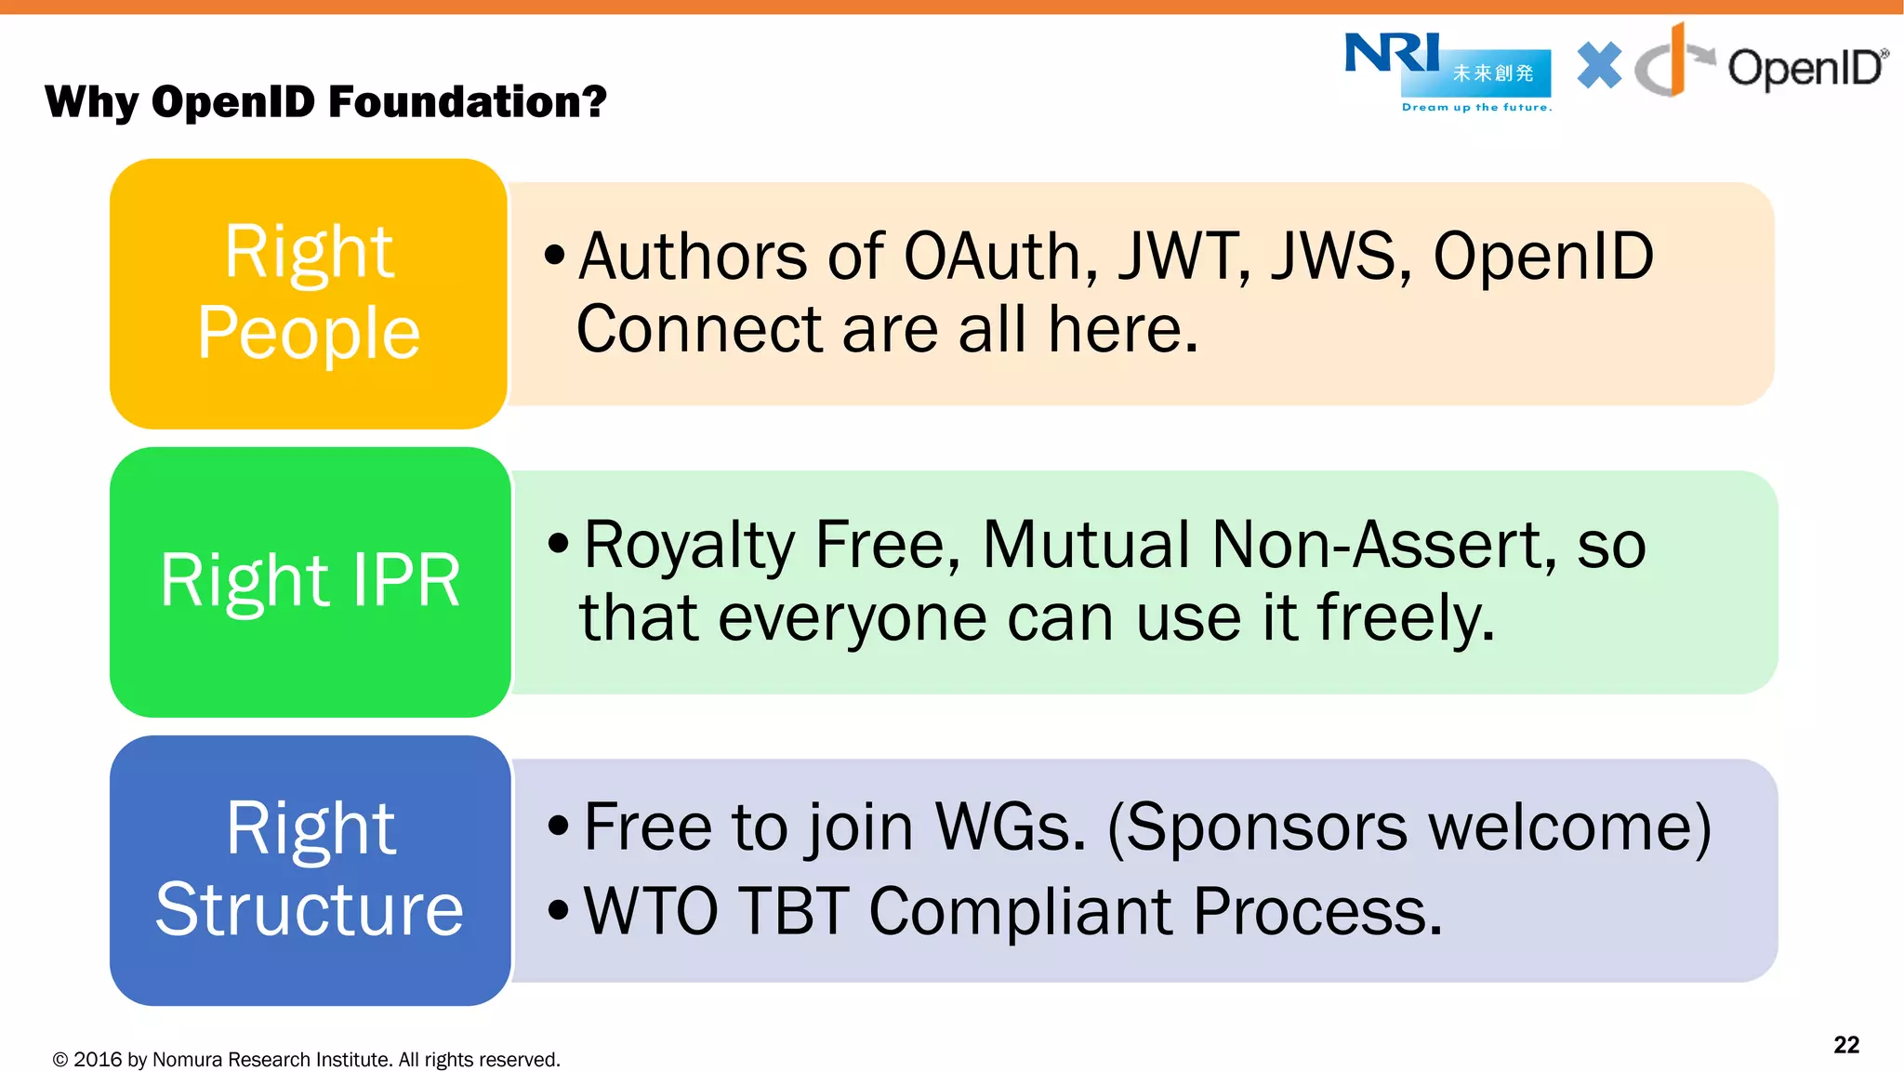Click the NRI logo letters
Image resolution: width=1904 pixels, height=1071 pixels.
[1392, 53]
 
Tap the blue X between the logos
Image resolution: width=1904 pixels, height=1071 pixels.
[1599, 66]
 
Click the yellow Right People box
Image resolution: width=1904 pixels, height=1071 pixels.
[309, 293]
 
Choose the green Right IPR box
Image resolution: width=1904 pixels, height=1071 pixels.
[310, 581]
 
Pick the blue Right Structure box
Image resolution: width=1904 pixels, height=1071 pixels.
[310, 869]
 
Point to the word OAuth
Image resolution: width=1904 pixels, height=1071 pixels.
[1000, 258]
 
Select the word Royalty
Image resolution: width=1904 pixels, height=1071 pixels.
[688, 547]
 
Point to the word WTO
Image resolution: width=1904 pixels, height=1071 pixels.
[651, 911]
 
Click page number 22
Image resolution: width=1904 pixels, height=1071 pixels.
[1845, 1045]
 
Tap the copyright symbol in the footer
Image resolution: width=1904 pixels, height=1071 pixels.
[60, 1060]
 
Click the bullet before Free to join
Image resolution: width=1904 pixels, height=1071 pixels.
[558, 826]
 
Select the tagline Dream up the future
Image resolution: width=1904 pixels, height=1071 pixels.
[1476, 108]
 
